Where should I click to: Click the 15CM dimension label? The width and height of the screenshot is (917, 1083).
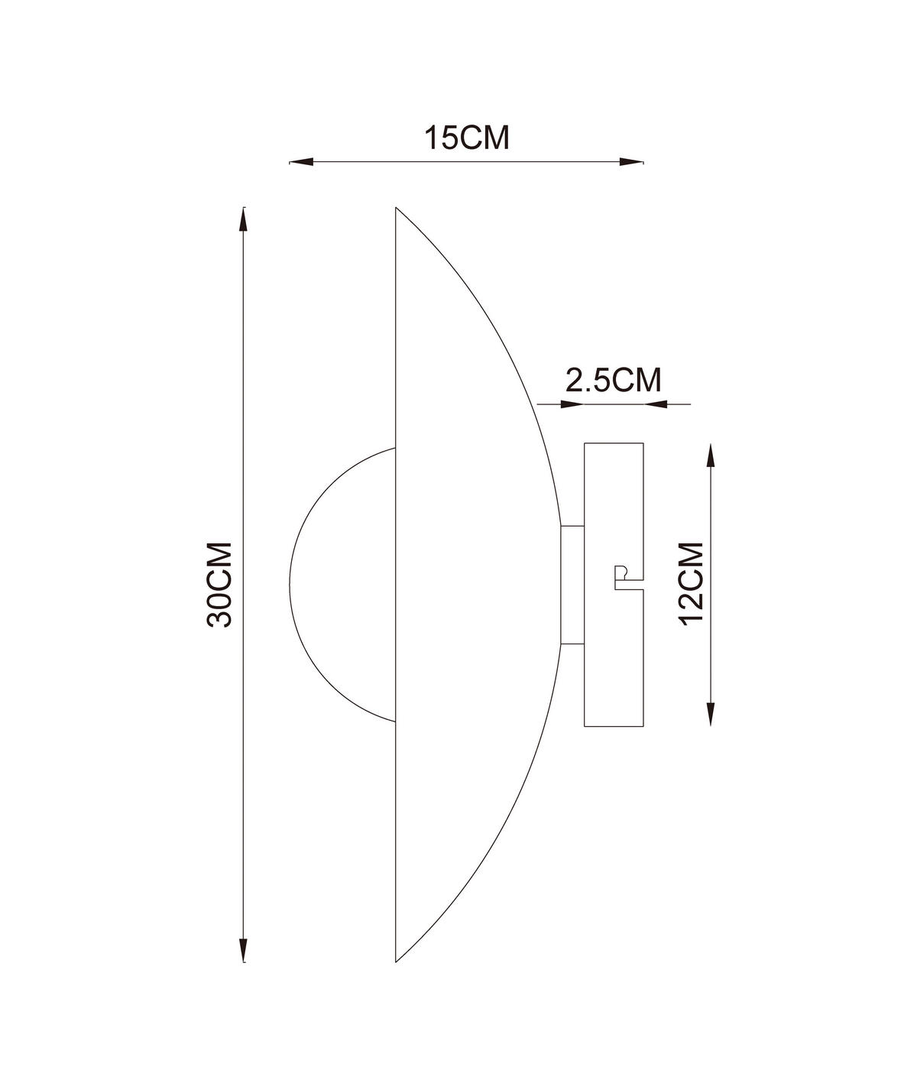click(466, 138)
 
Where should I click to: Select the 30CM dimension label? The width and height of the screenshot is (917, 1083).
click(220, 585)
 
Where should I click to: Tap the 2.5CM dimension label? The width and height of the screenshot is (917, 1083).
click(613, 380)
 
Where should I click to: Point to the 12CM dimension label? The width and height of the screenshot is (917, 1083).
click(692, 583)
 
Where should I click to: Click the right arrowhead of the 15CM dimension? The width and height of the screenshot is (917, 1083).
click(631, 162)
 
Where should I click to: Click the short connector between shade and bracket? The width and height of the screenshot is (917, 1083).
click(572, 585)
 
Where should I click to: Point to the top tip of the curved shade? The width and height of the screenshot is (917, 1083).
click(396, 208)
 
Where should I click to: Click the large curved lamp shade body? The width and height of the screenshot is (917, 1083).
click(466, 585)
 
